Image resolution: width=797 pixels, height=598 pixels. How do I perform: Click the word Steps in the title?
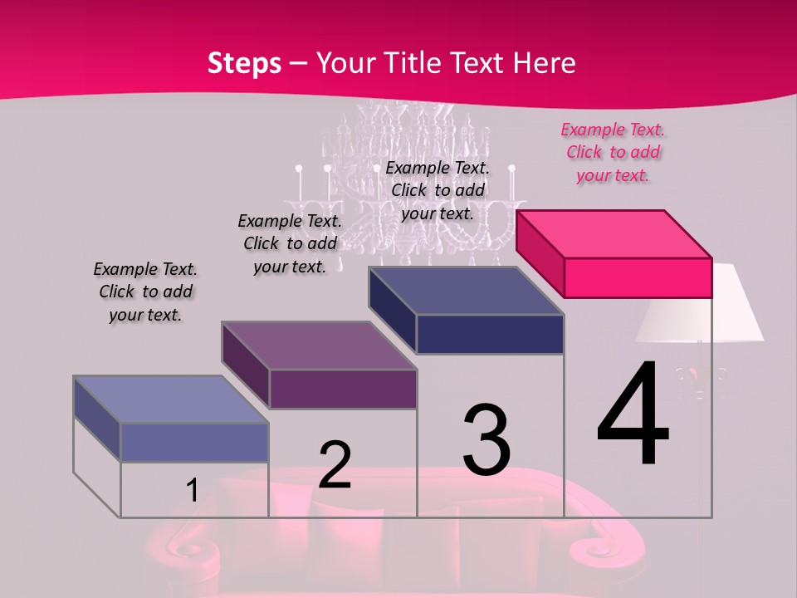[244, 63]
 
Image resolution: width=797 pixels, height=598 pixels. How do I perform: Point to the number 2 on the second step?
[335, 465]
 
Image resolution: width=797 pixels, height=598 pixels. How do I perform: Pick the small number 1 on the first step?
[192, 491]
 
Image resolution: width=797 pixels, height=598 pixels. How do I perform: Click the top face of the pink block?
[614, 233]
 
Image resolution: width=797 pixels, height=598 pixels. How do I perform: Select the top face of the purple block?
[319, 346]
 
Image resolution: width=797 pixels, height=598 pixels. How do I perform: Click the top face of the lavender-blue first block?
[171, 399]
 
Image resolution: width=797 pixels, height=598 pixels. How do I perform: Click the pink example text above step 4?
[613, 152]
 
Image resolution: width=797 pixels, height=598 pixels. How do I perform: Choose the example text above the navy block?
[438, 190]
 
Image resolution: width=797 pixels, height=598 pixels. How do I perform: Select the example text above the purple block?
[290, 243]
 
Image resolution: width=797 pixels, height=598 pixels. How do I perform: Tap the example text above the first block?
[145, 292]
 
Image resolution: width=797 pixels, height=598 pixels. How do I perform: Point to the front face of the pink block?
[638, 277]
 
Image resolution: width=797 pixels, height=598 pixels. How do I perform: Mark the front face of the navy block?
[490, 334]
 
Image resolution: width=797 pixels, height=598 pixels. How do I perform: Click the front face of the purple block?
[343, 389]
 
